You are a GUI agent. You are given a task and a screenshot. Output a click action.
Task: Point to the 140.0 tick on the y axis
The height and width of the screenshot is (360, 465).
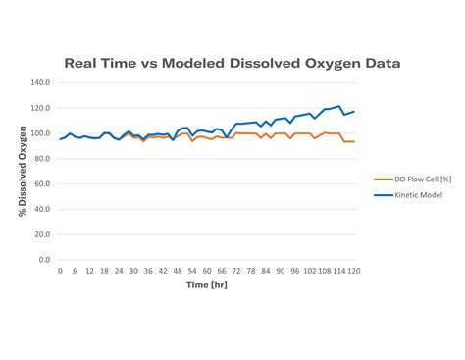[40, 82]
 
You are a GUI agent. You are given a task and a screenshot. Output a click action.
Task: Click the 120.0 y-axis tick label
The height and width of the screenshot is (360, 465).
[40, 108]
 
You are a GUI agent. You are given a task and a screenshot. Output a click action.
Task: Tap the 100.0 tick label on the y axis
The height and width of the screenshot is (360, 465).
[40, 133]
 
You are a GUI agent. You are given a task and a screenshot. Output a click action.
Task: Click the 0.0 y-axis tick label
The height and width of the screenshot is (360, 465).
[44, 260]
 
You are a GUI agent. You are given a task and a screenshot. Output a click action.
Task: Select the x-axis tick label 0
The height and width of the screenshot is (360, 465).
[60, 270]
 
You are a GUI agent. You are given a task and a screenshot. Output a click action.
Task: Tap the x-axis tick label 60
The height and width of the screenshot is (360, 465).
[207, 270]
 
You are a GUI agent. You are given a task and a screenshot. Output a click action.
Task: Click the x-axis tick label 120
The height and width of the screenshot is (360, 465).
[353, 270]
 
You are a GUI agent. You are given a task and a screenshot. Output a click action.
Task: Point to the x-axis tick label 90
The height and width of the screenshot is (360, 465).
[281, 270]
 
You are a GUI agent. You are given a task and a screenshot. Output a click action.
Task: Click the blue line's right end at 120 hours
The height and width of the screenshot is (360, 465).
[353, 111]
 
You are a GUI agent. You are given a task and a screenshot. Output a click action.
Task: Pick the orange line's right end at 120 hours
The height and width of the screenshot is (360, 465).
[353, 141]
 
